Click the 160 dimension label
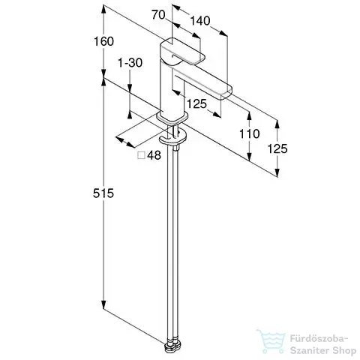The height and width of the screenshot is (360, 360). tap(103, 41)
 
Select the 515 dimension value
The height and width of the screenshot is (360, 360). tap(103, 193)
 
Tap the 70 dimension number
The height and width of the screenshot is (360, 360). tap(158, 15)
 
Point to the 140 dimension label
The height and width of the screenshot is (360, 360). tap(200, 21)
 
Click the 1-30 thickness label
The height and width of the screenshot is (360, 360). tap(130, 62)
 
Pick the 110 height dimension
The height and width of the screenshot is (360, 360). tap(250, 133)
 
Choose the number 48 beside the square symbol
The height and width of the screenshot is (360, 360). tap(154, 155)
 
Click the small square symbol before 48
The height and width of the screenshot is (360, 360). tap(142, 155)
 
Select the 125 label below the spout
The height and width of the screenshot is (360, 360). tap(196, 103)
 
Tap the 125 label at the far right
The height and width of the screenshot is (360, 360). tap(277, 148)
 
